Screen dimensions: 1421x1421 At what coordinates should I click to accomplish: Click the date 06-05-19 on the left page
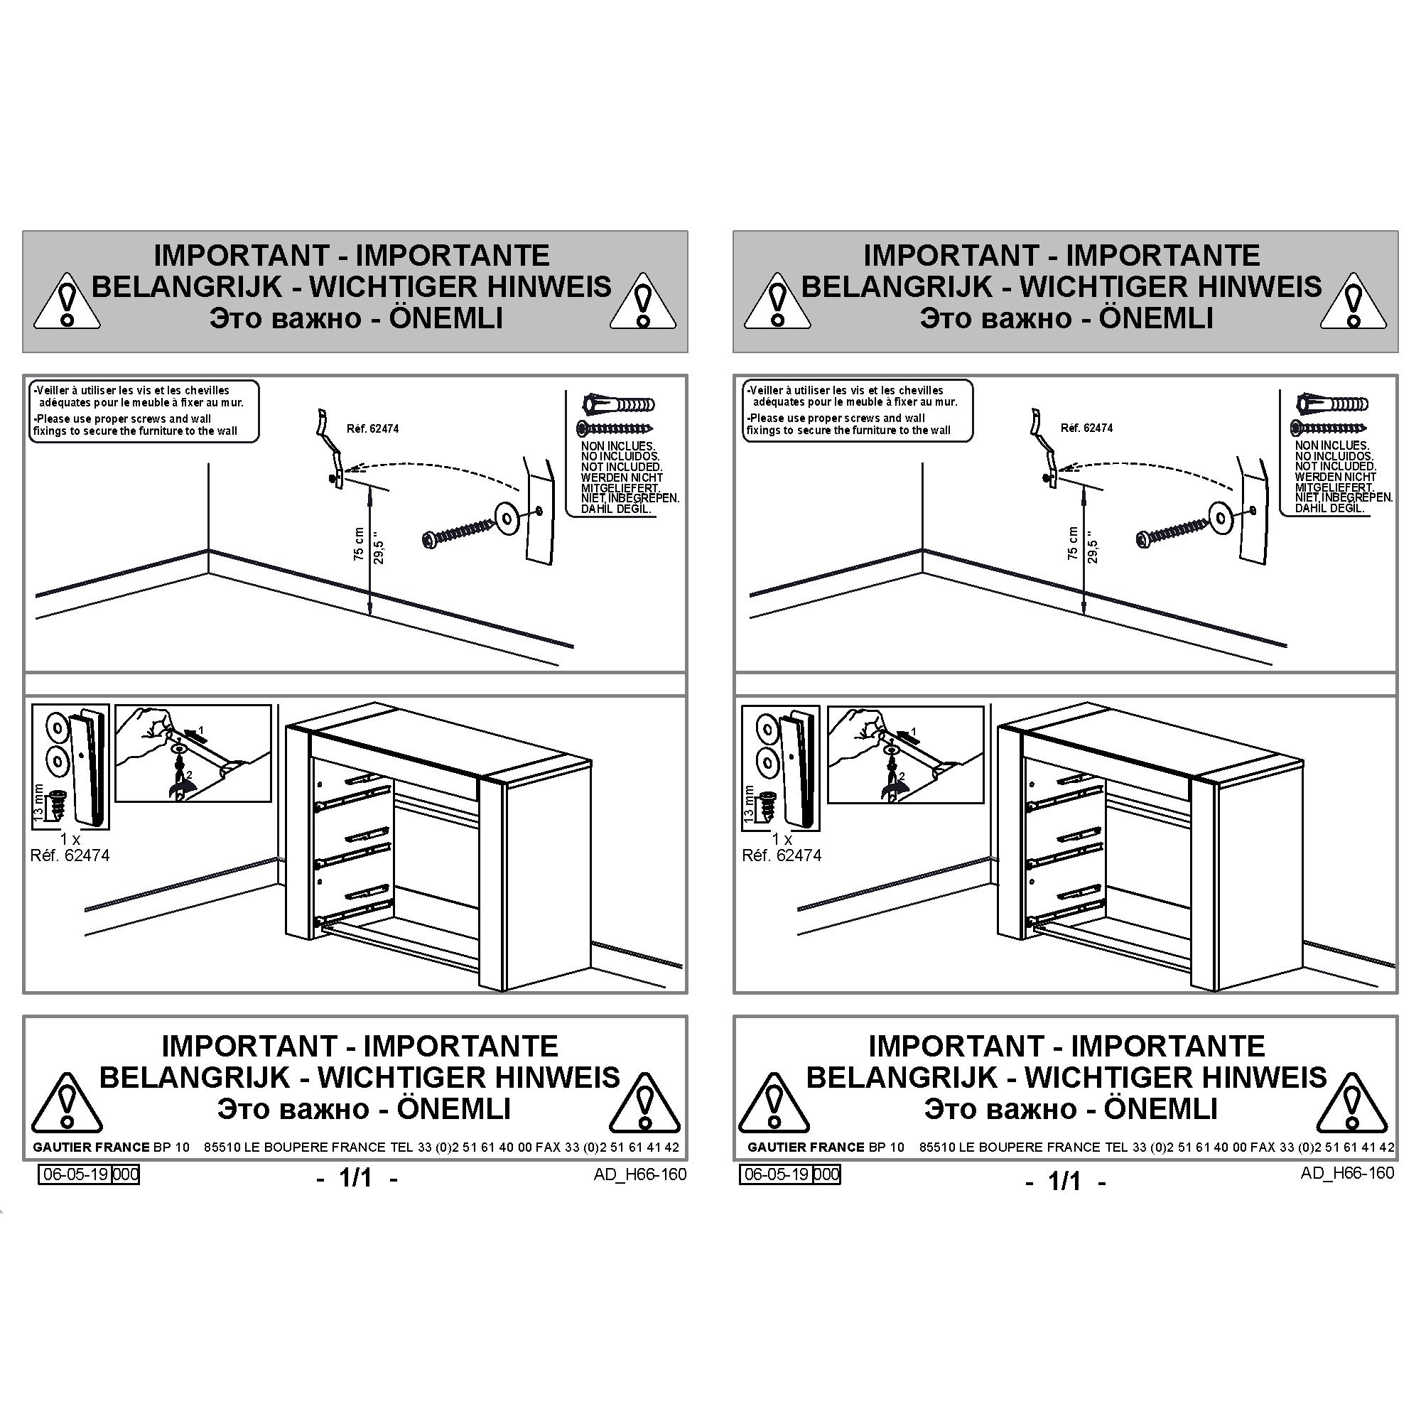[x=77, y=1174]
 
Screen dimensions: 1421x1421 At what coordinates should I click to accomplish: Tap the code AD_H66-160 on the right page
[x=1346, y=1172]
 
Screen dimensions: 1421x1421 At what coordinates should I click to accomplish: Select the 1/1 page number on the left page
[x=356, y=1177]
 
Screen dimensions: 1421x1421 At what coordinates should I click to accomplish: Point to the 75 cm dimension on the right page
[x=1072, y=543]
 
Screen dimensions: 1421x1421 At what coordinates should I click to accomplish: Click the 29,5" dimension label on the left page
[x=379, y=548]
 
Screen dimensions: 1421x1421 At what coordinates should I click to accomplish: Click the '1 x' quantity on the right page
[x=782, y=839]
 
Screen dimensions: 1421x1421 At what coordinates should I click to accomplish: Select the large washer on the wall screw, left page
[x=507, y=517]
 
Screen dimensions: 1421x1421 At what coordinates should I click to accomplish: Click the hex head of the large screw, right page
[x=1145, y=539]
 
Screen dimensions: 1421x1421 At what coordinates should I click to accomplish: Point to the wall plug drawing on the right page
[x=1332, y=403]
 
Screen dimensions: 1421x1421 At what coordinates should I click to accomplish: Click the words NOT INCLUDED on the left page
[x=622, y=467]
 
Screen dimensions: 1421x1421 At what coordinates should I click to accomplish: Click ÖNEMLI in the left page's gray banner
[x=445, y=318]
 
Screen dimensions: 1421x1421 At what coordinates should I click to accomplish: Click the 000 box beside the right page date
[x=827, y=1174]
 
